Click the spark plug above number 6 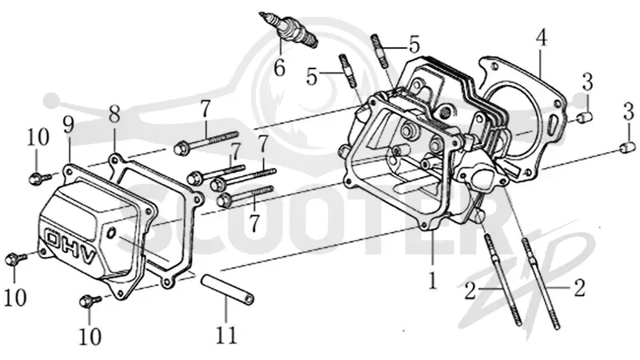pyautogui.click(x=289, y=29)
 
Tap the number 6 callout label pyautogui.click(x=279, y=68)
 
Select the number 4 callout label pyautogui.click(x=542, y=38)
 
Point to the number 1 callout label pyautogui.click(x=432, y=281)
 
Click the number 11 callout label pyautogui.click(x=226, y=335)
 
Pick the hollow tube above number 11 pyautogui.click(x=227, y=290)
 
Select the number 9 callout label pyautogui.click(x=69, y=125)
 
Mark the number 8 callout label pyautogui.click(x=114, y=114)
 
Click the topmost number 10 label pyautogui.click(x=38, y=137)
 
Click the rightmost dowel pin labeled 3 pyautogui.click(x=627, y=147)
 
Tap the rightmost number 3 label pyautogui.click(x=629, y=112)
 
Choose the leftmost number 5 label pyautogui.click(x=312, y=77)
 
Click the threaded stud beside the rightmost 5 pyautogui.click(x=379, y=50)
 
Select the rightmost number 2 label pyautogui.click(x=580, y=288)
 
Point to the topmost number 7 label pyautogui.click(x=205, y=109)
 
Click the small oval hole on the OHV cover pyautogui.click(x=111, y=234)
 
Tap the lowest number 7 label pyautogui.click(x=254, y=223)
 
